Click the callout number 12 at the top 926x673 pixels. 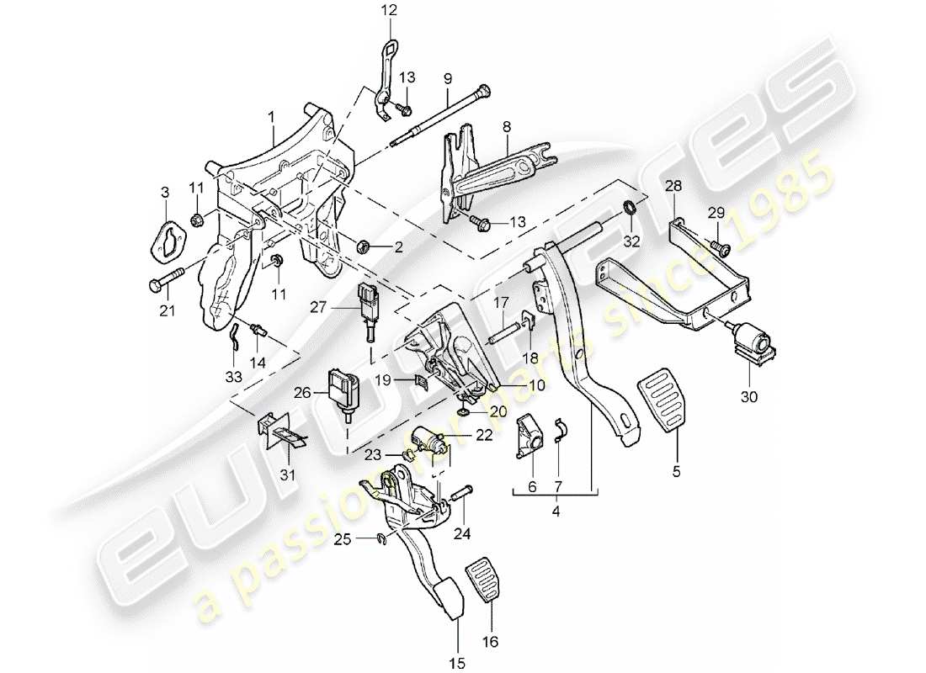click(x=387, y=10)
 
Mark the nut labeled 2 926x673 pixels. click(x=366, y=246)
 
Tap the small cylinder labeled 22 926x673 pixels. click(x=429, y=438)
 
